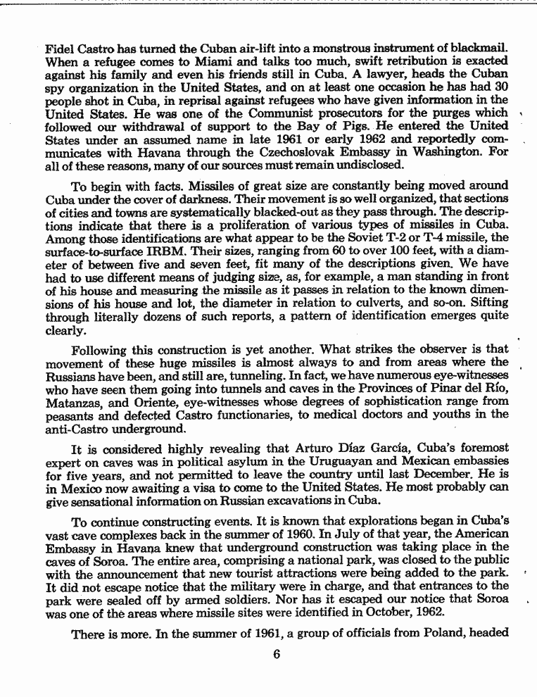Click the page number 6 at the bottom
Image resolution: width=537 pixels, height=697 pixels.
pos(277,653)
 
